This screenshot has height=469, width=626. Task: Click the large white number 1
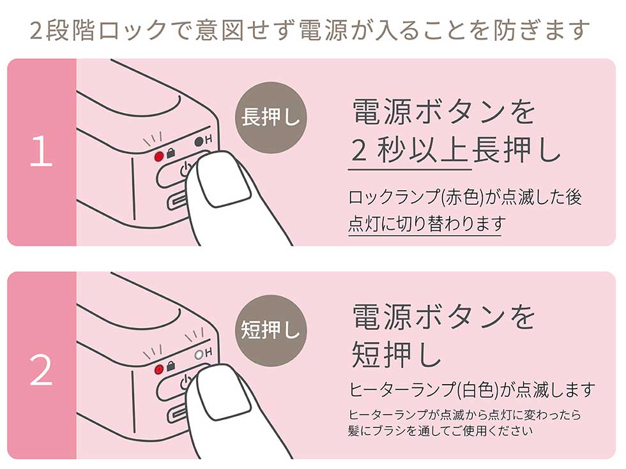pos(41,151)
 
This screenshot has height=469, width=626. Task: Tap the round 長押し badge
pos(271,117)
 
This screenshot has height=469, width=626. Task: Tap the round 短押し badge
pos(271,331)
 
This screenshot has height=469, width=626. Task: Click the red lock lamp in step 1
pos(159,156)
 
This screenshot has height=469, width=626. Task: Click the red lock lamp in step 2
pos(159,369)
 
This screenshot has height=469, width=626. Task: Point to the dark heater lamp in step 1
pos(199,142)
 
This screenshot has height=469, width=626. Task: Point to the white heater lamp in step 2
pos(199,355)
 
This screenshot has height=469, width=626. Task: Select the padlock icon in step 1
pos(171,153)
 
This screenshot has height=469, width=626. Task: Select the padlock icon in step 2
pos(171,366)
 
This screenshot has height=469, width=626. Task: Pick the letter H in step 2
pos(208,352)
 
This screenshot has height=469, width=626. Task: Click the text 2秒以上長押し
pos(455,151)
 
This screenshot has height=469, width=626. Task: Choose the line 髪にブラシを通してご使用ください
pos(440,431)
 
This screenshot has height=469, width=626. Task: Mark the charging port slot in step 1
pos(178,202)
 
